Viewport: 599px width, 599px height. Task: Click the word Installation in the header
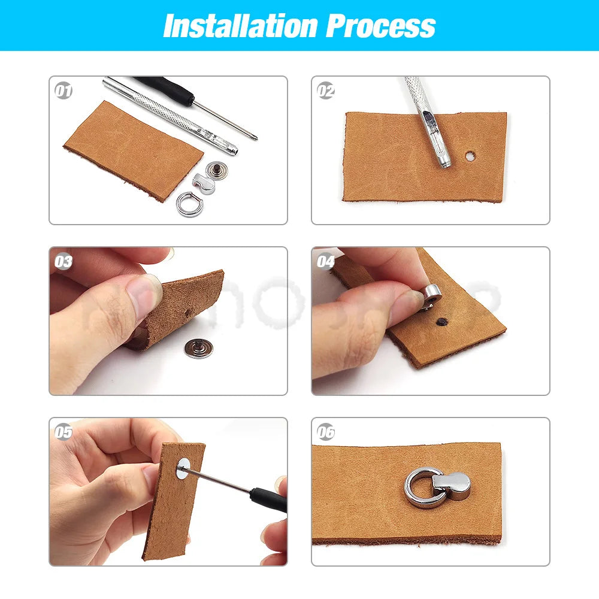[x=240, y=26]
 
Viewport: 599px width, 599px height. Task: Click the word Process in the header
[x=380, y=26]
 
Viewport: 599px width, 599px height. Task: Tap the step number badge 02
[x=326, y=91]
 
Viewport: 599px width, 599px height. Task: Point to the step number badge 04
[x=326, y=262]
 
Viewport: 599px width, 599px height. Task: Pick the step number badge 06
[x=326, y=432]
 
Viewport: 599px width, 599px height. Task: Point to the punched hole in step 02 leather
[x=471, y=157]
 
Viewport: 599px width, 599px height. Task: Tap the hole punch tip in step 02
[x=444, y=161]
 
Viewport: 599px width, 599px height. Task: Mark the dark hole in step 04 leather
[x=443, y=322]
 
